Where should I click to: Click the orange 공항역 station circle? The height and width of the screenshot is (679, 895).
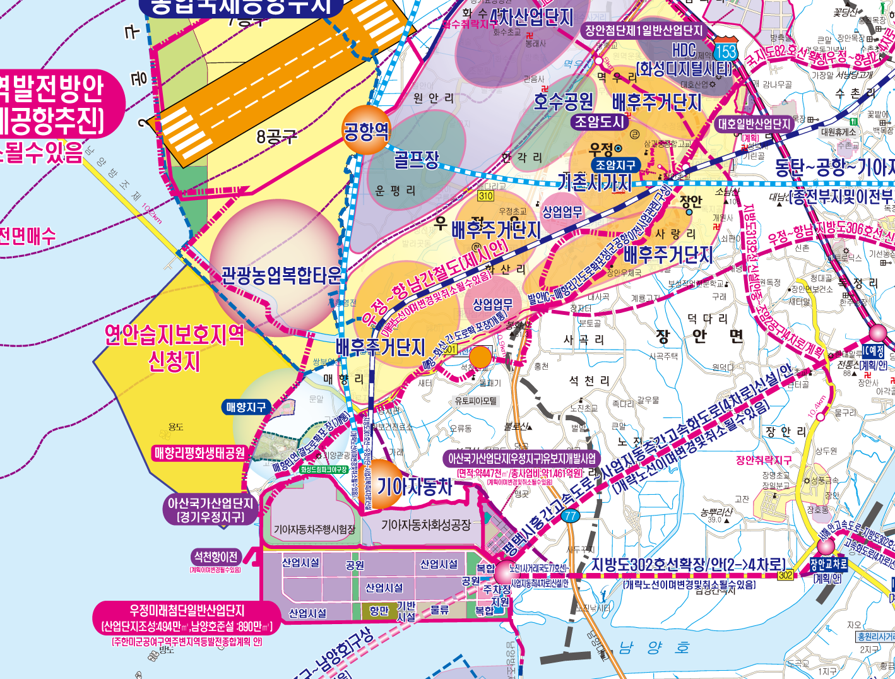[x=366, y=131]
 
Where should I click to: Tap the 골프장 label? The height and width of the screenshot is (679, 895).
[x=417, y=159]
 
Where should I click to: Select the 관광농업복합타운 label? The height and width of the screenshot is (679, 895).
[x=281, y=275]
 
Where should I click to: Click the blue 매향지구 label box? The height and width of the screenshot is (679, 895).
[x=246, y=408]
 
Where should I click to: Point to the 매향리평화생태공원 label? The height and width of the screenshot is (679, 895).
[x=199, y=453]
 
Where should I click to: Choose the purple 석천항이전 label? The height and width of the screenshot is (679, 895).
[x=216, y=557]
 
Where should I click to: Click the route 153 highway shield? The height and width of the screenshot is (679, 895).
[x=726, y=51]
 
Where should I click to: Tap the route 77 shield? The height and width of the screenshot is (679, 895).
[x=571, y=516]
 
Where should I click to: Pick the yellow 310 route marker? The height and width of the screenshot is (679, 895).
[x=485, y=196]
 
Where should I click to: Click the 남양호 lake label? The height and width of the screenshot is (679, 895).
[x=654, y=648]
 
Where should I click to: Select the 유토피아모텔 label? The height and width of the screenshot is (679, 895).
[x=476, y=401]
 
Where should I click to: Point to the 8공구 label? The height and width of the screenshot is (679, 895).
[x=276, y=136]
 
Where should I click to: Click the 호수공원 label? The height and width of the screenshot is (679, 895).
[x=564, y=101]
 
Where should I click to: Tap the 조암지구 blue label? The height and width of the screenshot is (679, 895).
[x=615, y=165]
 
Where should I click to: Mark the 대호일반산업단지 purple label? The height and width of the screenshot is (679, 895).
[x=754, y=124]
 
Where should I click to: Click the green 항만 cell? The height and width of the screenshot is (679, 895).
[x=379, y=611]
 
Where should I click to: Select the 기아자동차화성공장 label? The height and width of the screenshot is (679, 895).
[x=426, y=525]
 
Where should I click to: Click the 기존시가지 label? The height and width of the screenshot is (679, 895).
[x=595, y=183]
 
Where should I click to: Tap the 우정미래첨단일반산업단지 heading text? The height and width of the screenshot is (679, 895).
[x=187, y=611]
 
